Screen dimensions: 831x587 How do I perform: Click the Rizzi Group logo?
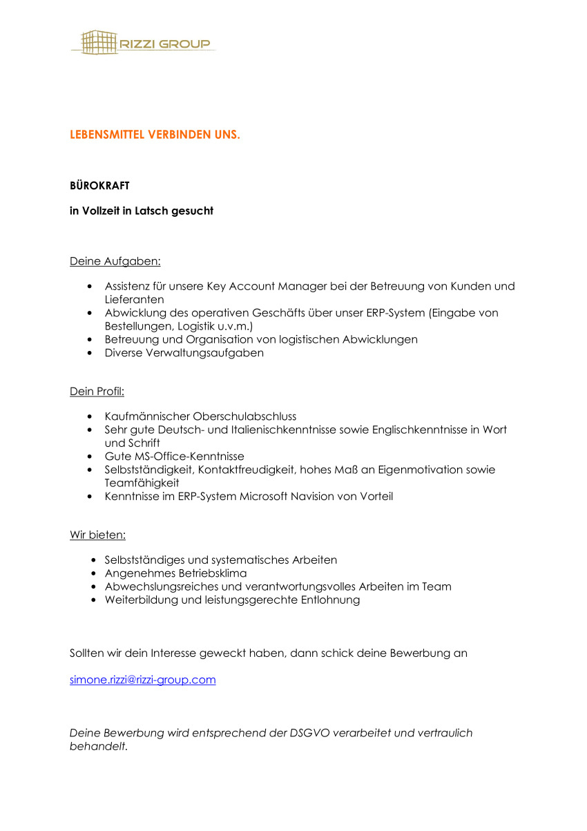tap(142, 43)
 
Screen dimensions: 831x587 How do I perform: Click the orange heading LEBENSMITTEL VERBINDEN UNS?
tap(155, 135)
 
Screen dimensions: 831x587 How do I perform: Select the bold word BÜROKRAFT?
tap(99, 186)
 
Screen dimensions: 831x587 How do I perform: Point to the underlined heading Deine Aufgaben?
tap(115, 262)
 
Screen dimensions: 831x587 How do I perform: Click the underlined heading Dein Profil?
tap(97, 392)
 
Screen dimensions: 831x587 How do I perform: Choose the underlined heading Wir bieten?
tap(97, 535)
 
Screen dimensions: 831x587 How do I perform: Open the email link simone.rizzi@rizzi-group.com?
tap(143, 680)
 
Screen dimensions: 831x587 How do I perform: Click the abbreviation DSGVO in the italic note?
tap(305, 733)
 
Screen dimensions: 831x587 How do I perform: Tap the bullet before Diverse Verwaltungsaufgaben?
tap(90, 353)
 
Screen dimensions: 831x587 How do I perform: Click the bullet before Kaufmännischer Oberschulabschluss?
tap(90, 417)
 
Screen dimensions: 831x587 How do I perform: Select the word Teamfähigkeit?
tap(142, 483)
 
